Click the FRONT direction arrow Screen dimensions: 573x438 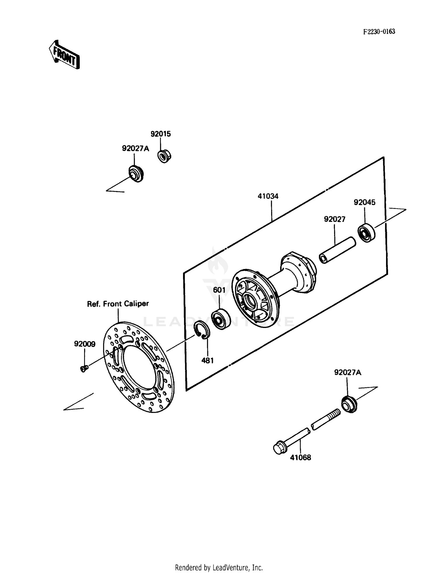coord(64,55)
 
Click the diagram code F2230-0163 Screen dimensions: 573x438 coord(379,32)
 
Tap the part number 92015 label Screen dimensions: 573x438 coord(161,134)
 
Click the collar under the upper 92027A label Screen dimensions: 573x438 coord(136,174)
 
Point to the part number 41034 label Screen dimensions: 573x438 coord(268,196)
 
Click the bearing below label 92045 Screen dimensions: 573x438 coord(366,233)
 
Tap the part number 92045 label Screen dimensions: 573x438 coord(364,202)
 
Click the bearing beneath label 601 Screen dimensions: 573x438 coord(220,319)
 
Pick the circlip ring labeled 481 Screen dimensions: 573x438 coord(202,330)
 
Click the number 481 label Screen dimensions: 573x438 coord(207,361)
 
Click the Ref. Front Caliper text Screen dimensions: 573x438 coord(118,304)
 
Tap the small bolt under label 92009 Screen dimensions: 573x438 coord(84,369)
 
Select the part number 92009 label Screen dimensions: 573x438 coord(85,344)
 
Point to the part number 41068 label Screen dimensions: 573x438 coord(300,458)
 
